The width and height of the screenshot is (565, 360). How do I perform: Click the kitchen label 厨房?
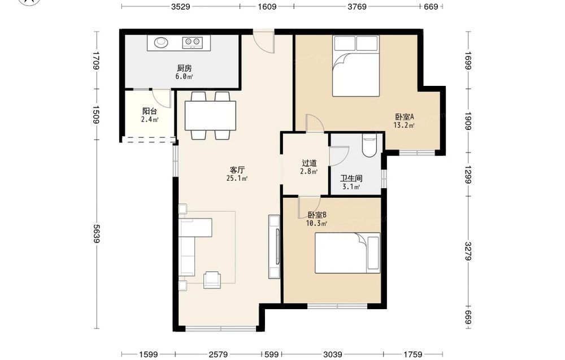click(184, 68)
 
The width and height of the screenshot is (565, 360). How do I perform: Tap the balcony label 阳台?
click(149, 111)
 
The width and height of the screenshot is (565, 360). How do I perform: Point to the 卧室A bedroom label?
click(405, 117)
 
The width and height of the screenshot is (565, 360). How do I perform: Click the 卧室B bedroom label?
click(317, 215)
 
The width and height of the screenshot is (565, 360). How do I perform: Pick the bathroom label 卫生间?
click(351, 179)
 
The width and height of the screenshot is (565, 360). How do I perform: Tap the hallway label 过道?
click(309, 163)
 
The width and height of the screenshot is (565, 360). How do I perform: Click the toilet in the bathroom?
click(370, 145)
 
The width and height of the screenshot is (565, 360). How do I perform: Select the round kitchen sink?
click(161, 42)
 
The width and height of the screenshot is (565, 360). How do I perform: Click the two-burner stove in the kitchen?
click(192, 42)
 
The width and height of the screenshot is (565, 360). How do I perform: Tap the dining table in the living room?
click(210, 116)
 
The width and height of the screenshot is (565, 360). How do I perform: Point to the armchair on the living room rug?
click(212, 280)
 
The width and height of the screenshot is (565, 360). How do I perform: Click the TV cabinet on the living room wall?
click(274, 246)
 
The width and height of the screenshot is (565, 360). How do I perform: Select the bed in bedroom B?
click(347, 253)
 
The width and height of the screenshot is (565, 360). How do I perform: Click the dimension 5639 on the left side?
click(97, 233)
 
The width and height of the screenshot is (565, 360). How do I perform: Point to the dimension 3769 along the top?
click(357, 6)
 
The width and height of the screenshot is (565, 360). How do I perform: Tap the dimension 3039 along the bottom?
click(333, 354)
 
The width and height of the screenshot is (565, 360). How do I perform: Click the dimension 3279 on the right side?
click(468, 251)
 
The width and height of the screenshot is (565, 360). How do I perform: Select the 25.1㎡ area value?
click(237, 179)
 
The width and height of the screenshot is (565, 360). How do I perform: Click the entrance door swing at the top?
click(263, 42)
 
